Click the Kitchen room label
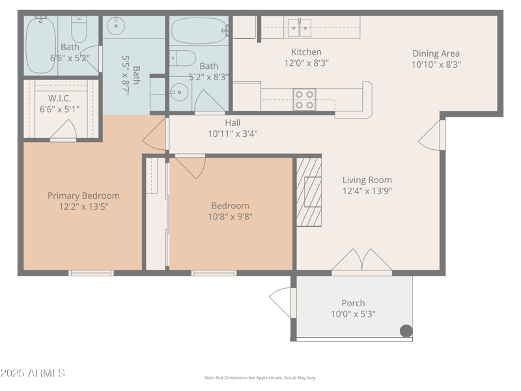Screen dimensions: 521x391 (306, 52)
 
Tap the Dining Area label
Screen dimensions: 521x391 (436, 53)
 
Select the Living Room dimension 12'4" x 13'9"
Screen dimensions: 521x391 (367, 191)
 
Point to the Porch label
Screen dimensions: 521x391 (353, 303)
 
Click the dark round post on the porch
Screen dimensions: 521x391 (406, 331)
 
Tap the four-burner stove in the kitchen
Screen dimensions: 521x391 (304, 100)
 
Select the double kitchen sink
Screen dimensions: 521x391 (300, 28)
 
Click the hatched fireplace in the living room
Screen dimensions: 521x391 (309, 192)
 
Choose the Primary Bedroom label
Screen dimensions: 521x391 (83, 195)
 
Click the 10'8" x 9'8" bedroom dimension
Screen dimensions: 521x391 (231, 217)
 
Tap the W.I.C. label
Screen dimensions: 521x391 (59, 98)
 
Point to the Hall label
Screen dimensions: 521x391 (232, 123)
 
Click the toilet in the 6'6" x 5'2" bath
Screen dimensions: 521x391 (79, 29)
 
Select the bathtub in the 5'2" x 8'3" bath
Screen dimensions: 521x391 (199, 31)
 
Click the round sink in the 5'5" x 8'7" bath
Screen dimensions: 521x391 (116, 25)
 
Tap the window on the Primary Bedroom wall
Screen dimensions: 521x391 (91, 273)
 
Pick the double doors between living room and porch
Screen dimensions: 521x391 (362, 261)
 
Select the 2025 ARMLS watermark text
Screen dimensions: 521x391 (33, 373)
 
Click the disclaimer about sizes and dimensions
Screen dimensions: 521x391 (260, 378)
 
